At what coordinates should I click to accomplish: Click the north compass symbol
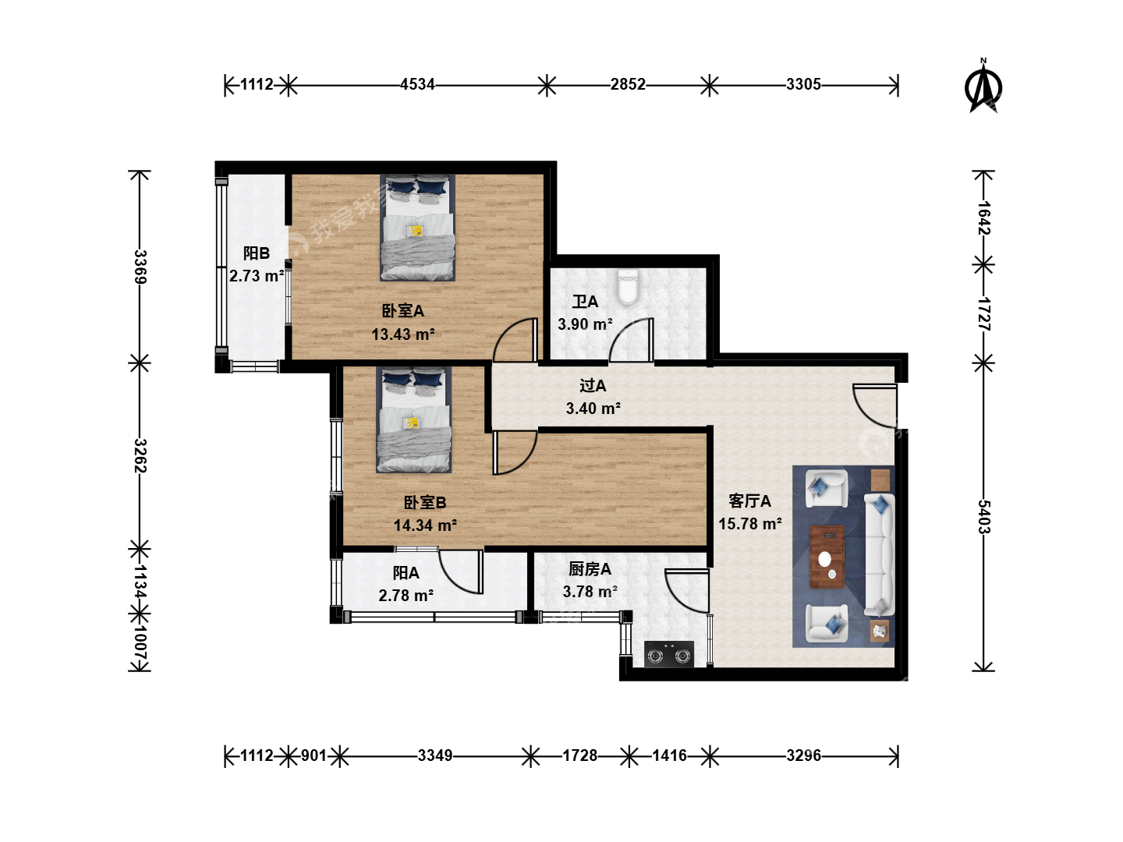[983, 86]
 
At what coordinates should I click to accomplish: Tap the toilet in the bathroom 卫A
[628, 287]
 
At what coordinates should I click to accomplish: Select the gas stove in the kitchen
[668, 654]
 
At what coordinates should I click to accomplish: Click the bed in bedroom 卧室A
[417, 228]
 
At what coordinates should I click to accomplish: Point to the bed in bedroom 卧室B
[413, 419]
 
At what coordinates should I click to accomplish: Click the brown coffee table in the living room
[827, 557]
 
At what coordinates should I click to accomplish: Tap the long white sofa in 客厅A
[879, 554]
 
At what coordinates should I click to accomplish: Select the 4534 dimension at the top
[417, 84]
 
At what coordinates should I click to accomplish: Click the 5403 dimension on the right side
[984, 517]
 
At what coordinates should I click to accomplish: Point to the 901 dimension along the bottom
[314, 755]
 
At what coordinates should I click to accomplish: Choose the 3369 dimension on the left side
[140, 267]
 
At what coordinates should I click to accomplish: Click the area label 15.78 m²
[750, 524]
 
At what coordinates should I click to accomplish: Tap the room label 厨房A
[590, 569]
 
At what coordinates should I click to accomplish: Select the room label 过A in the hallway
[593, 385]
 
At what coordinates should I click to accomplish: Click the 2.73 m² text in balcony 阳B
[257, 276]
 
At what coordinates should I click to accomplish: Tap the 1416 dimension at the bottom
[669, 755]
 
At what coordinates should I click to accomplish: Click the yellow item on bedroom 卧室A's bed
[415, 231]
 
